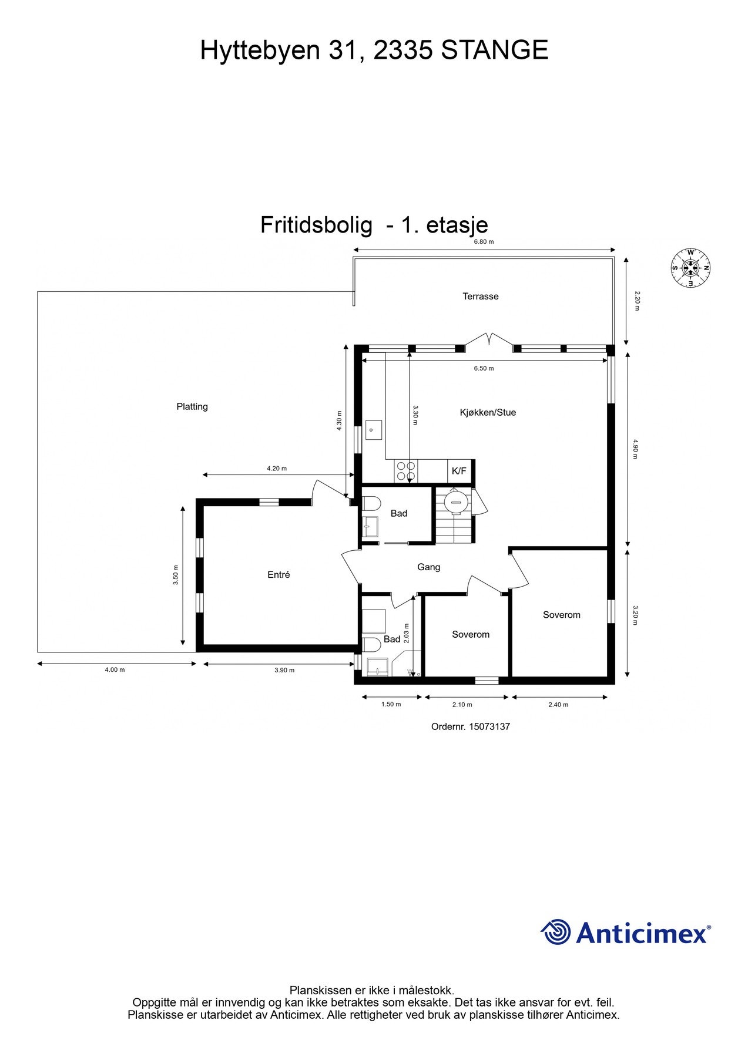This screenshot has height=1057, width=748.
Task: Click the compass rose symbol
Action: pyautogui.click(x=690, y=268)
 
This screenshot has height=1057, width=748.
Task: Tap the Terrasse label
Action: pyautogui.click(x=480, y=297)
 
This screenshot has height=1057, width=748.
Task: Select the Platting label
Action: pyautogui.click(x=192, y=406)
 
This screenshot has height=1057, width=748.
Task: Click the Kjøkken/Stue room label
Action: pyautogui.click(x=488, y=412)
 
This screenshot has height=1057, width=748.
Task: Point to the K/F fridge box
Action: pyautogui.click(x=459, y=471)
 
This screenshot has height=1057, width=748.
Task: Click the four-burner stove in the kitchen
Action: pyautogui.click(x=405, y=471)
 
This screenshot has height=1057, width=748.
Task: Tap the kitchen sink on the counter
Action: pyautogui.click(x=373, y=429)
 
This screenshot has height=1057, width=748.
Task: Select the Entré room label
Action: pyautogui.click(x=279, y=575)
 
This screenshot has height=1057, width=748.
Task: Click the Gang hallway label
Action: pyautogui.click(x=428, y=567)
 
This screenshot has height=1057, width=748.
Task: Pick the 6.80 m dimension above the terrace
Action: pyautogui.click(x=484, y=242)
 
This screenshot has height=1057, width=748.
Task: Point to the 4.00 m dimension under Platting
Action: pyautogui.click(x=115, y=670)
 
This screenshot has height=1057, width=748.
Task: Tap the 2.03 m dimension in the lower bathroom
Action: pyautogui.click(x=407, y=634)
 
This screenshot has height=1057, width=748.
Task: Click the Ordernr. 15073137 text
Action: pyautogui.click(x=470, y=726)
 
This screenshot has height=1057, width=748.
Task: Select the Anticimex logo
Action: pyautogui.click(x=625, y=933)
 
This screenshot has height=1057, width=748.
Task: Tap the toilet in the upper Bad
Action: pyautogui.click(x=371, y=503)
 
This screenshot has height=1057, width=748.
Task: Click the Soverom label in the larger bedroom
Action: pyautogui.click(x=561, y=615)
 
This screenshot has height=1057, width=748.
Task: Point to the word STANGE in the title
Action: pyautogui.click(x=494, y=50)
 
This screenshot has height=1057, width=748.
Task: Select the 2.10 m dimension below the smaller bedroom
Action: pyautogui.click(x=462, y=705)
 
